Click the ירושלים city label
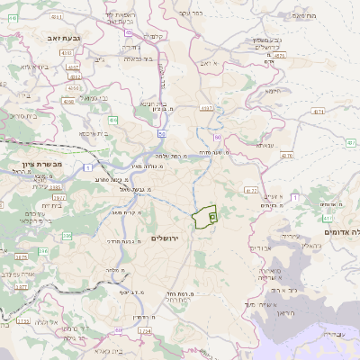click(x=166, y=238)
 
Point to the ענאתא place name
click(x=265, y=145)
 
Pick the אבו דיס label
click(x=256, y=247)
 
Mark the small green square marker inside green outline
click(x=212, y=216)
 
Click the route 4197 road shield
click(x=208, y=108)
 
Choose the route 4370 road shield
click(x=286, y=155)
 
